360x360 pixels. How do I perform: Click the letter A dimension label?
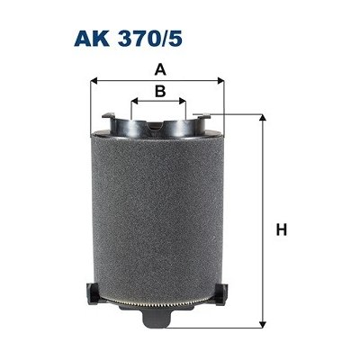tap(158, 68)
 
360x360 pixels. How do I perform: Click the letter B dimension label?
tap(159, 91)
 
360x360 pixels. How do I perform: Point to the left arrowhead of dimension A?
tap(94, 79)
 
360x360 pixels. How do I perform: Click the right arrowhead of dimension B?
tap(185, 101)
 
